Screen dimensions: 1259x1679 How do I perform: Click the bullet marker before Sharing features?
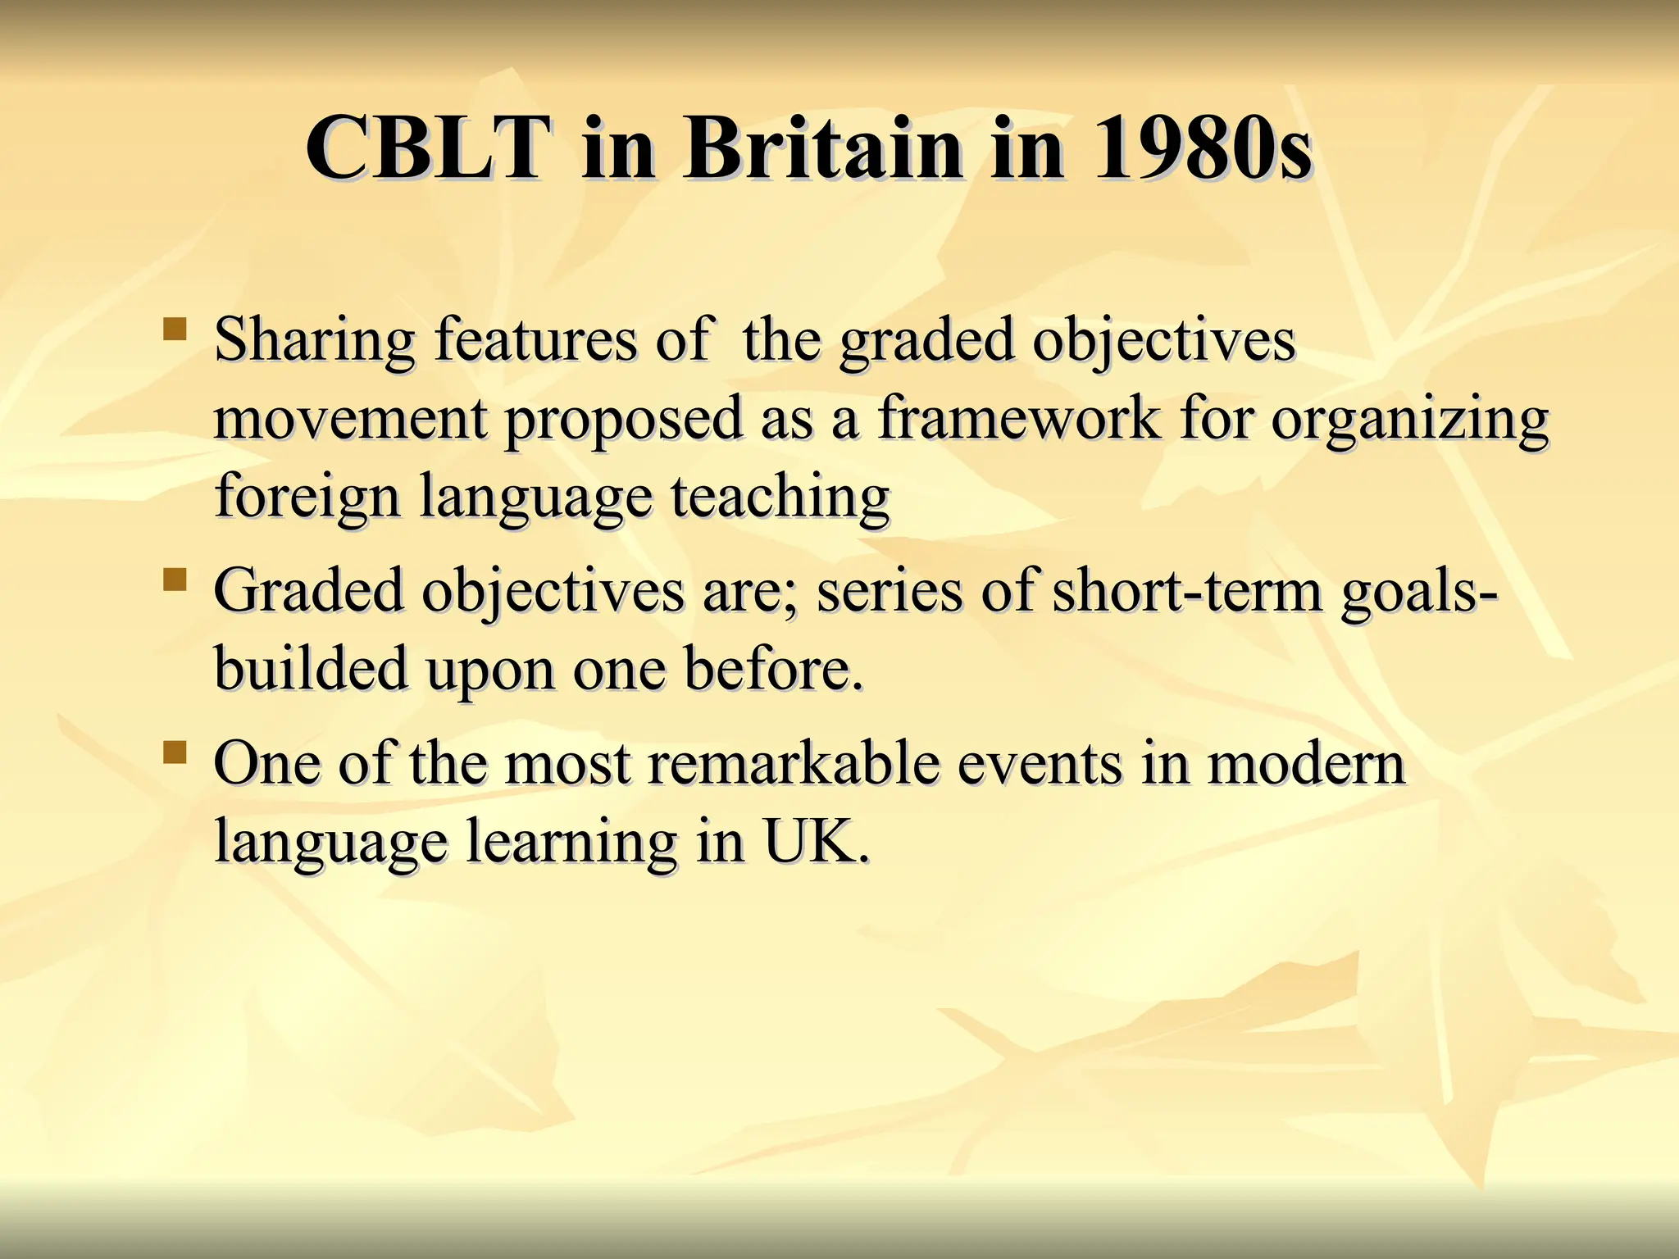point(174,330)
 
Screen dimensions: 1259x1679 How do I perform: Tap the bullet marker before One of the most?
point(174,752)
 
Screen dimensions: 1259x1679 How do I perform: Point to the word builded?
point(311,669)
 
